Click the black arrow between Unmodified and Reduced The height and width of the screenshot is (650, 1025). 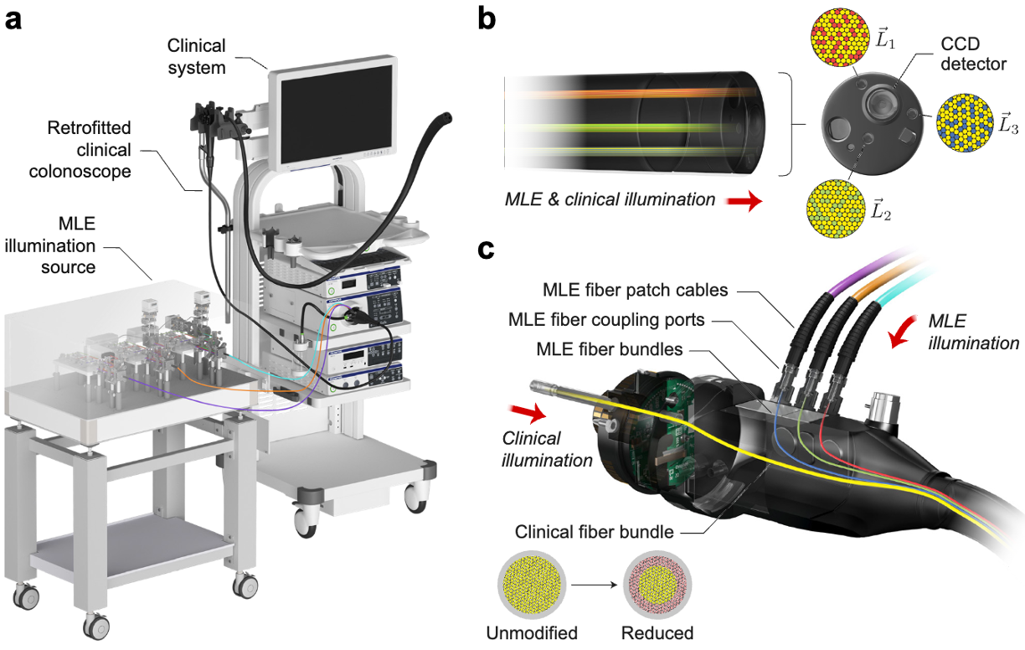(x=595, y=586)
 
